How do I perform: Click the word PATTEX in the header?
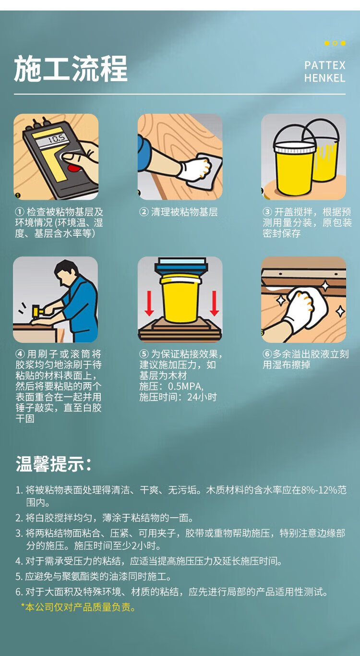(325, 65)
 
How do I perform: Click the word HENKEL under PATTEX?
(325, 78)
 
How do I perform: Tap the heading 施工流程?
(71, 69)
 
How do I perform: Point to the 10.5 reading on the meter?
(57, 138)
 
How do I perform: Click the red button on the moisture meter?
(73, 168)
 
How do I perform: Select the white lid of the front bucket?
(294, 147)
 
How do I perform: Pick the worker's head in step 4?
(66, 270)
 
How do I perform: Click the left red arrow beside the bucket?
(149, 303)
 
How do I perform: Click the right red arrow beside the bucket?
(214, 303)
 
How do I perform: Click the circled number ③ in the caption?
(267, 212)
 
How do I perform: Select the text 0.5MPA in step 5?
(185, 387)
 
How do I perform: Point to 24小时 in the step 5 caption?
(202, 398)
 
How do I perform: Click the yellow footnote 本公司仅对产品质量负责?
(78, 607)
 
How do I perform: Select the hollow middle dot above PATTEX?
(335, 43)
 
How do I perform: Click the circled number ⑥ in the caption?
(267, 354)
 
